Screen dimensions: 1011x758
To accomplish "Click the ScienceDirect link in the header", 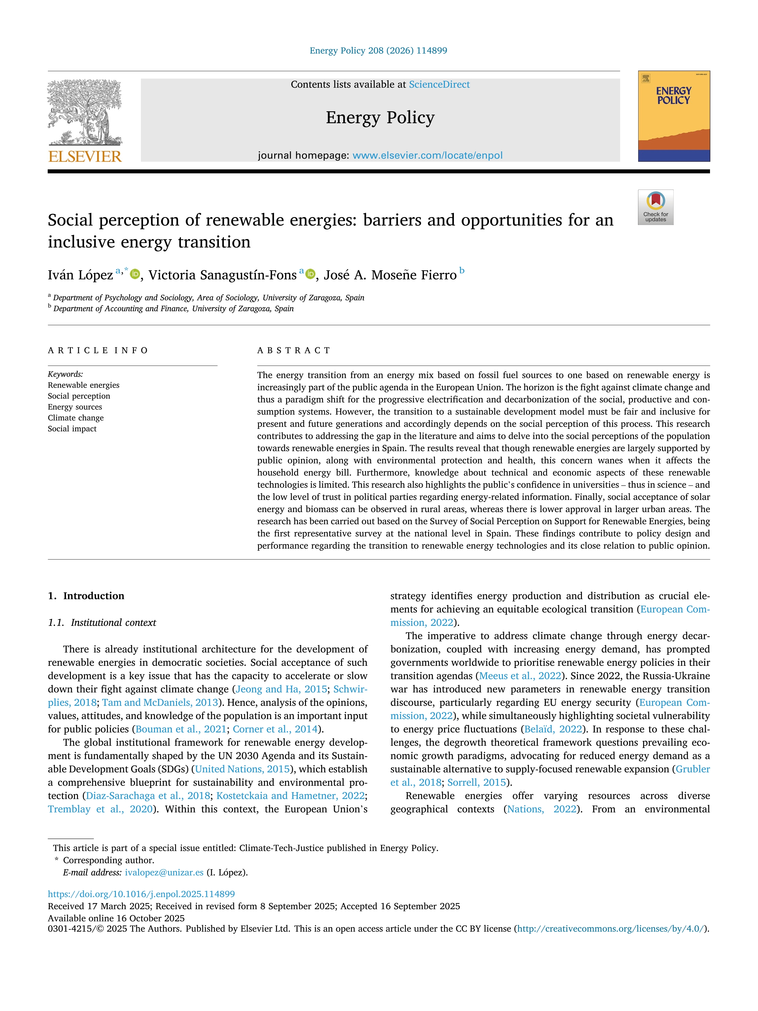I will [x=439, y=85].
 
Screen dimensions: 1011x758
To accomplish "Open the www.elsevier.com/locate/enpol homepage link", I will [x=427, y=155].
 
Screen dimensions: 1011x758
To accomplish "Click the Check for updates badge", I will [x=655, y=207].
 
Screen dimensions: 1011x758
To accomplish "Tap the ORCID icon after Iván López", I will [x=135, y=274].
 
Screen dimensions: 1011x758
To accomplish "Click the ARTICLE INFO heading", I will [x=98, y=351].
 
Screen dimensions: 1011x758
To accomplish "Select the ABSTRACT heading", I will [x=293, y=351].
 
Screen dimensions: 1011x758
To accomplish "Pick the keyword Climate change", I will [x=76, y=418].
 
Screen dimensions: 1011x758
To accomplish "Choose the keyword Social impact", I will [x=72, y=429].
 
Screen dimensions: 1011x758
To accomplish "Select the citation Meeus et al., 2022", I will [x=520, y=676].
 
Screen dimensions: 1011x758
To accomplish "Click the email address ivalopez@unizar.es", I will [x=164, y=873].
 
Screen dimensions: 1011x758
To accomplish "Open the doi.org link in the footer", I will [x=141, y=894].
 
